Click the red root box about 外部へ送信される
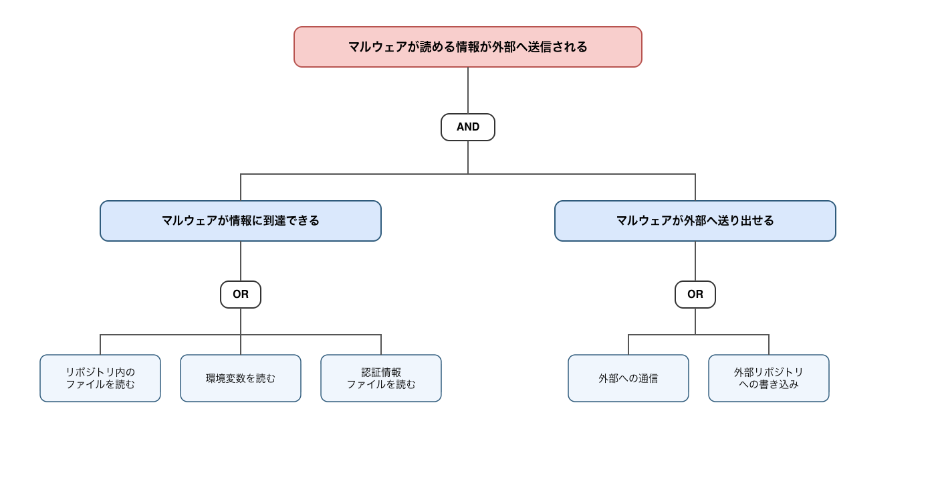tap(467, 47)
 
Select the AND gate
tap(467, 127)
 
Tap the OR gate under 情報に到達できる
tap(241, 295)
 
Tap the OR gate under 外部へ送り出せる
tap(695, 295)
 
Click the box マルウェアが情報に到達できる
tap(241, 221)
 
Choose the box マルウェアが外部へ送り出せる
tap(695, 221)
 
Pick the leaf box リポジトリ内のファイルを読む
tap(100, 378)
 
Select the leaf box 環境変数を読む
tap(241, 378)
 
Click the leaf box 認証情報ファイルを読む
tap(381, 378)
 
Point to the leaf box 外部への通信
tap(628, 378)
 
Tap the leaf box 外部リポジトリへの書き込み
tap(768, 378)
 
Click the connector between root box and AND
tap(467, 90)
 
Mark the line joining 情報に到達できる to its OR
tap(241, 261)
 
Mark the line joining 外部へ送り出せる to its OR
tap(695, 261)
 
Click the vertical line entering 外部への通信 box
tap(628, 344)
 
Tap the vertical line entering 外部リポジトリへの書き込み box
tap(768, 344)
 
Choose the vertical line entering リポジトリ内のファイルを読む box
tap(100, 344)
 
